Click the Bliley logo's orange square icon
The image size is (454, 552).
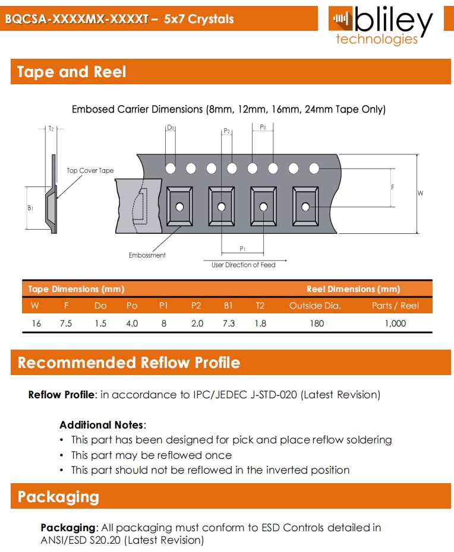(340, 18)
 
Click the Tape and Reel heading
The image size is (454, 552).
(71, 72)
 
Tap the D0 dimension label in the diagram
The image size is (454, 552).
(171, 128)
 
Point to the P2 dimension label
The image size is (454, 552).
(226, 131)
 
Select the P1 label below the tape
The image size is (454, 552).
(242, 249)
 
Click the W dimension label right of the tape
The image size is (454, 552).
(420, 193)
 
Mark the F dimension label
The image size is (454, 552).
(393, 187)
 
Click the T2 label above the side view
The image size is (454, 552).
(51, 129)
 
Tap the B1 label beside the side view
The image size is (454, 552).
(30, 208)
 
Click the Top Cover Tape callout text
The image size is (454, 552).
(90, 170)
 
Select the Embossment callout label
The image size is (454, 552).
(147, 255)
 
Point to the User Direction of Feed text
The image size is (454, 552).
(243, 265)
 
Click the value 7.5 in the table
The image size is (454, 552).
(66, 323)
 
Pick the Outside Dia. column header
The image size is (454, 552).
(315, 306)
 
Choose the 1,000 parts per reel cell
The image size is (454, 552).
(395, 323)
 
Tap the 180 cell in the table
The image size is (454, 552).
(317, 323)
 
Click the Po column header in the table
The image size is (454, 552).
(132, 306)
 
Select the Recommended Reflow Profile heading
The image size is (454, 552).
(129, 363)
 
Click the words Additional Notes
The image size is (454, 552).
(102, 425)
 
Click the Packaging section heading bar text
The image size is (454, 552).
(58, 497)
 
